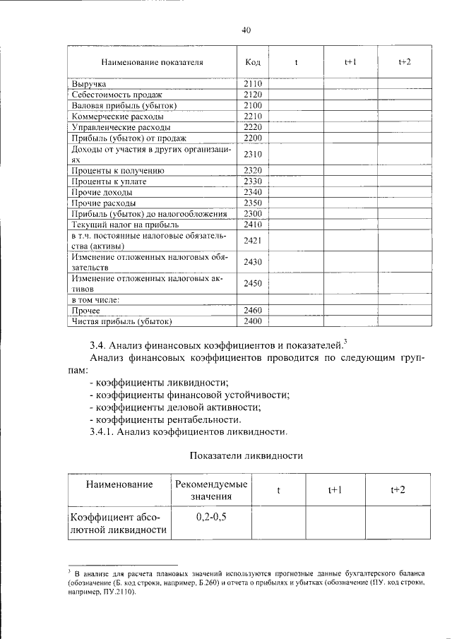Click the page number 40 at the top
tap(246, 30)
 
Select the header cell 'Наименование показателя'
tap(151, 62)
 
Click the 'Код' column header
tap(253, 62)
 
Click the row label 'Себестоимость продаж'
tap(117, 95)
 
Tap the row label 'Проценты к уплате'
tap(109, 181)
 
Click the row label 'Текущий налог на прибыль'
tap(125, 225)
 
